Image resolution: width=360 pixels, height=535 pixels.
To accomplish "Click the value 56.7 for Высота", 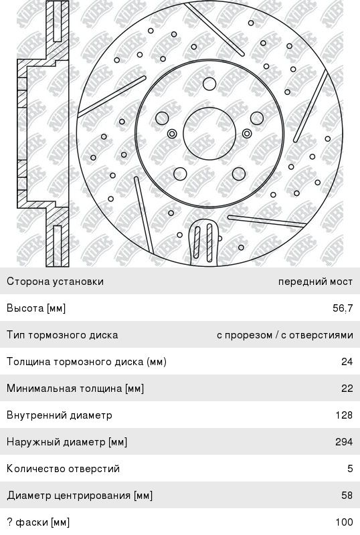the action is [343, 308].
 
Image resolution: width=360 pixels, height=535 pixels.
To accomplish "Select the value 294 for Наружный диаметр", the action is [344, 442].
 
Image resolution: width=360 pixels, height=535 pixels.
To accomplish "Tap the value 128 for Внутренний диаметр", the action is [344, 415].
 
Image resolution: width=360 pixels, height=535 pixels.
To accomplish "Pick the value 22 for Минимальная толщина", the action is [347, 389].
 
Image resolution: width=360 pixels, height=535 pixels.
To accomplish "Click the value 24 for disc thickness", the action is [347, 362].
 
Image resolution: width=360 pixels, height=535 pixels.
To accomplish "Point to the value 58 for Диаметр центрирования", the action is [347, 495].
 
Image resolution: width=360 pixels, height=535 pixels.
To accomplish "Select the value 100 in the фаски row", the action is [344, 522].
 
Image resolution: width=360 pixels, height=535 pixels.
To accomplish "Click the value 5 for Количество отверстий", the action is [350, 469].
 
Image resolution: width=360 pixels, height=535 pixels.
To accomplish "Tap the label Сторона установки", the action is [55, 282].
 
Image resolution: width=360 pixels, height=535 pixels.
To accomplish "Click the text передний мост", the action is [315, 282].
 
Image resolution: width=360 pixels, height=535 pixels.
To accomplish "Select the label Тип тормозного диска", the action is [62, 335].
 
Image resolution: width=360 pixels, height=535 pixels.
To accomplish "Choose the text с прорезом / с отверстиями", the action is [285, 335].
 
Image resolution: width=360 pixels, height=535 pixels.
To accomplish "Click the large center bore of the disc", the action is [209, 133].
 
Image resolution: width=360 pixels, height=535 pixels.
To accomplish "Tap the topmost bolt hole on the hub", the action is [209, 84].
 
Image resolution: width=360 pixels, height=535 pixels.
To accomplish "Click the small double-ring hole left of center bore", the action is [173, 133].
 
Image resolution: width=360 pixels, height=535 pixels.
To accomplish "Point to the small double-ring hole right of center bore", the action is [247, 133].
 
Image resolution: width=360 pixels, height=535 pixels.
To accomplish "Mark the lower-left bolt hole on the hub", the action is [180, 174].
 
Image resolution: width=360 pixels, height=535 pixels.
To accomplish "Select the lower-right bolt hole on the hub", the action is [239, 174].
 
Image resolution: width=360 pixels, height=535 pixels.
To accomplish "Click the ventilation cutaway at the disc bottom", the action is [203, 242].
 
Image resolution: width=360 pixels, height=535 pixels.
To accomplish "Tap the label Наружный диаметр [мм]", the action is [67, 442].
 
